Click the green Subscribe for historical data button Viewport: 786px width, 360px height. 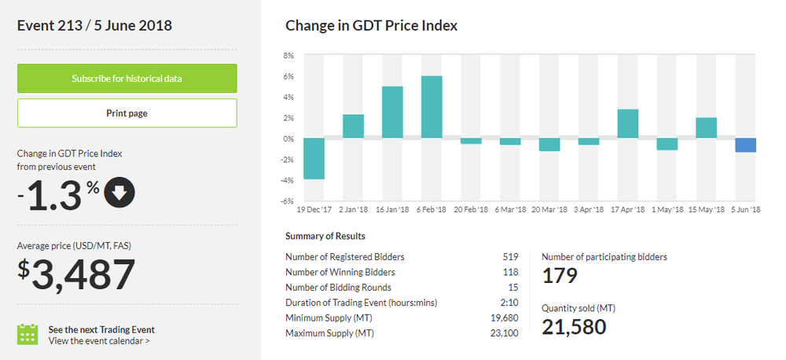[127, 79]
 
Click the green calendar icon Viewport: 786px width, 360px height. [28, 334]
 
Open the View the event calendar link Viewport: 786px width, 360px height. [99, 340]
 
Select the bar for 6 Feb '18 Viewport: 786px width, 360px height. [432, 107]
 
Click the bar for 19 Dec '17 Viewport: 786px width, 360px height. [314, 159]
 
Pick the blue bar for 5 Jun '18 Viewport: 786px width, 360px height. [745, 145]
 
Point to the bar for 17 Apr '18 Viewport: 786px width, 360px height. [627, 123]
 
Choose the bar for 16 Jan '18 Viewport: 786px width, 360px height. [392, 112]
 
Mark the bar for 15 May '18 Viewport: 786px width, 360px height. [706, 128]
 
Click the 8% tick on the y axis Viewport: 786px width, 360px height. [288, 56]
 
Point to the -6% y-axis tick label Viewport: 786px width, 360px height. [287, 201]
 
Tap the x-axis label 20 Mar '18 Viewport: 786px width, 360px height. [549, 211]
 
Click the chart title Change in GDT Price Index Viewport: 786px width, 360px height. [371, 26]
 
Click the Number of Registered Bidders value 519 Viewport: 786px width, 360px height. [510, 257]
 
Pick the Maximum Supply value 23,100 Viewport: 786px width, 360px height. [505, 332]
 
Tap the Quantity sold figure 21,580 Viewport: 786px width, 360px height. [574, 326]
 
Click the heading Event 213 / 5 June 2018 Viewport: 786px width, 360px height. [94, 26]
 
